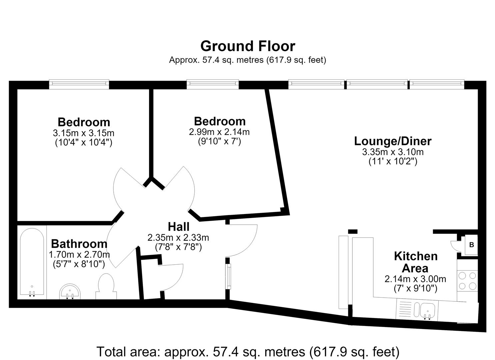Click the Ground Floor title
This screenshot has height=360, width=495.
[248, 46]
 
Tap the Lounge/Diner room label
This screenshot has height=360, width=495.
[393, 141]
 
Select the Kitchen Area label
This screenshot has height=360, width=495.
[416, 262]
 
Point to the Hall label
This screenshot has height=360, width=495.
[179, 227]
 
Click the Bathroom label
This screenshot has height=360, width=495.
[79, 244]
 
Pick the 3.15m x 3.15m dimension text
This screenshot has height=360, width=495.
[84, 133]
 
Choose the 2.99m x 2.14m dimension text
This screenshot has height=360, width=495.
[219, 132]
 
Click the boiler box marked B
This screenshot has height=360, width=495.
[472, 245]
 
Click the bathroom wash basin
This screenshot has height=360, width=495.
[70, 291]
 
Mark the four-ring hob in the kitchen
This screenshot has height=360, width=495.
[467, 281]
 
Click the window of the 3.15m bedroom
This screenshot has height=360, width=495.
[79, 84]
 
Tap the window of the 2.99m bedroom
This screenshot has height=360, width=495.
[213, 84]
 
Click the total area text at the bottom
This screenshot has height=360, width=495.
[248, 352]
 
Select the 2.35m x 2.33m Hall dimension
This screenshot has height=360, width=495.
[178, 238]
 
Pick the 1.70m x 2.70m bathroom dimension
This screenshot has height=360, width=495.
[79, 255]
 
